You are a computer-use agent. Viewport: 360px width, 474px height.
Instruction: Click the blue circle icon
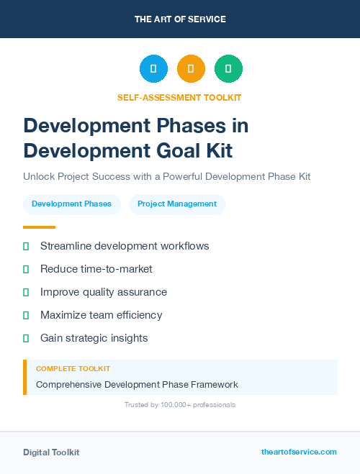(x=153, y=68)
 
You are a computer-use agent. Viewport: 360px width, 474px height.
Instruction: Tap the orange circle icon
(x=191, y=68)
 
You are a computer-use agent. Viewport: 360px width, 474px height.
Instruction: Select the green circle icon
(x=228, y=68)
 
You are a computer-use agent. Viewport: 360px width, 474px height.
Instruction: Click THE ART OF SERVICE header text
(x=180, y=19)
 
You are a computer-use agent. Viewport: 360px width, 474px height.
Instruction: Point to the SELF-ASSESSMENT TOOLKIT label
(x=179, y=97)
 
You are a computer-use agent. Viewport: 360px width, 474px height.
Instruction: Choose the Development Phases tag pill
(x=72, y=204)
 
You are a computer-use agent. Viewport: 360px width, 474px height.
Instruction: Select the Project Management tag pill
(x=177, y=204)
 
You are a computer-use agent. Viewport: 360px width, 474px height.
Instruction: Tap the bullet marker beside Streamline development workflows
(x=26, y=246)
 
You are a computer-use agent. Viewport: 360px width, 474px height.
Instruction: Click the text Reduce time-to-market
(x=96, y=269)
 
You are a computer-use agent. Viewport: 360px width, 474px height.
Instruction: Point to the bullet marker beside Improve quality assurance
(x=26, y=292)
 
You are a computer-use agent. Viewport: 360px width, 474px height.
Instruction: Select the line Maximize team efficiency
(x=101, y=315)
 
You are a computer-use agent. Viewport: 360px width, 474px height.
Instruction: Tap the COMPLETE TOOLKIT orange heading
(x=73, y=369)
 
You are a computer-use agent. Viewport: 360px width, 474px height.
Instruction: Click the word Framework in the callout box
(x=212, y=385)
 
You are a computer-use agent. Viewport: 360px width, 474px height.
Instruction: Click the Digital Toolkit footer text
(x=51, y=452)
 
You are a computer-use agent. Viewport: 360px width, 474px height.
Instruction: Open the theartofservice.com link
(x=299, y=452)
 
